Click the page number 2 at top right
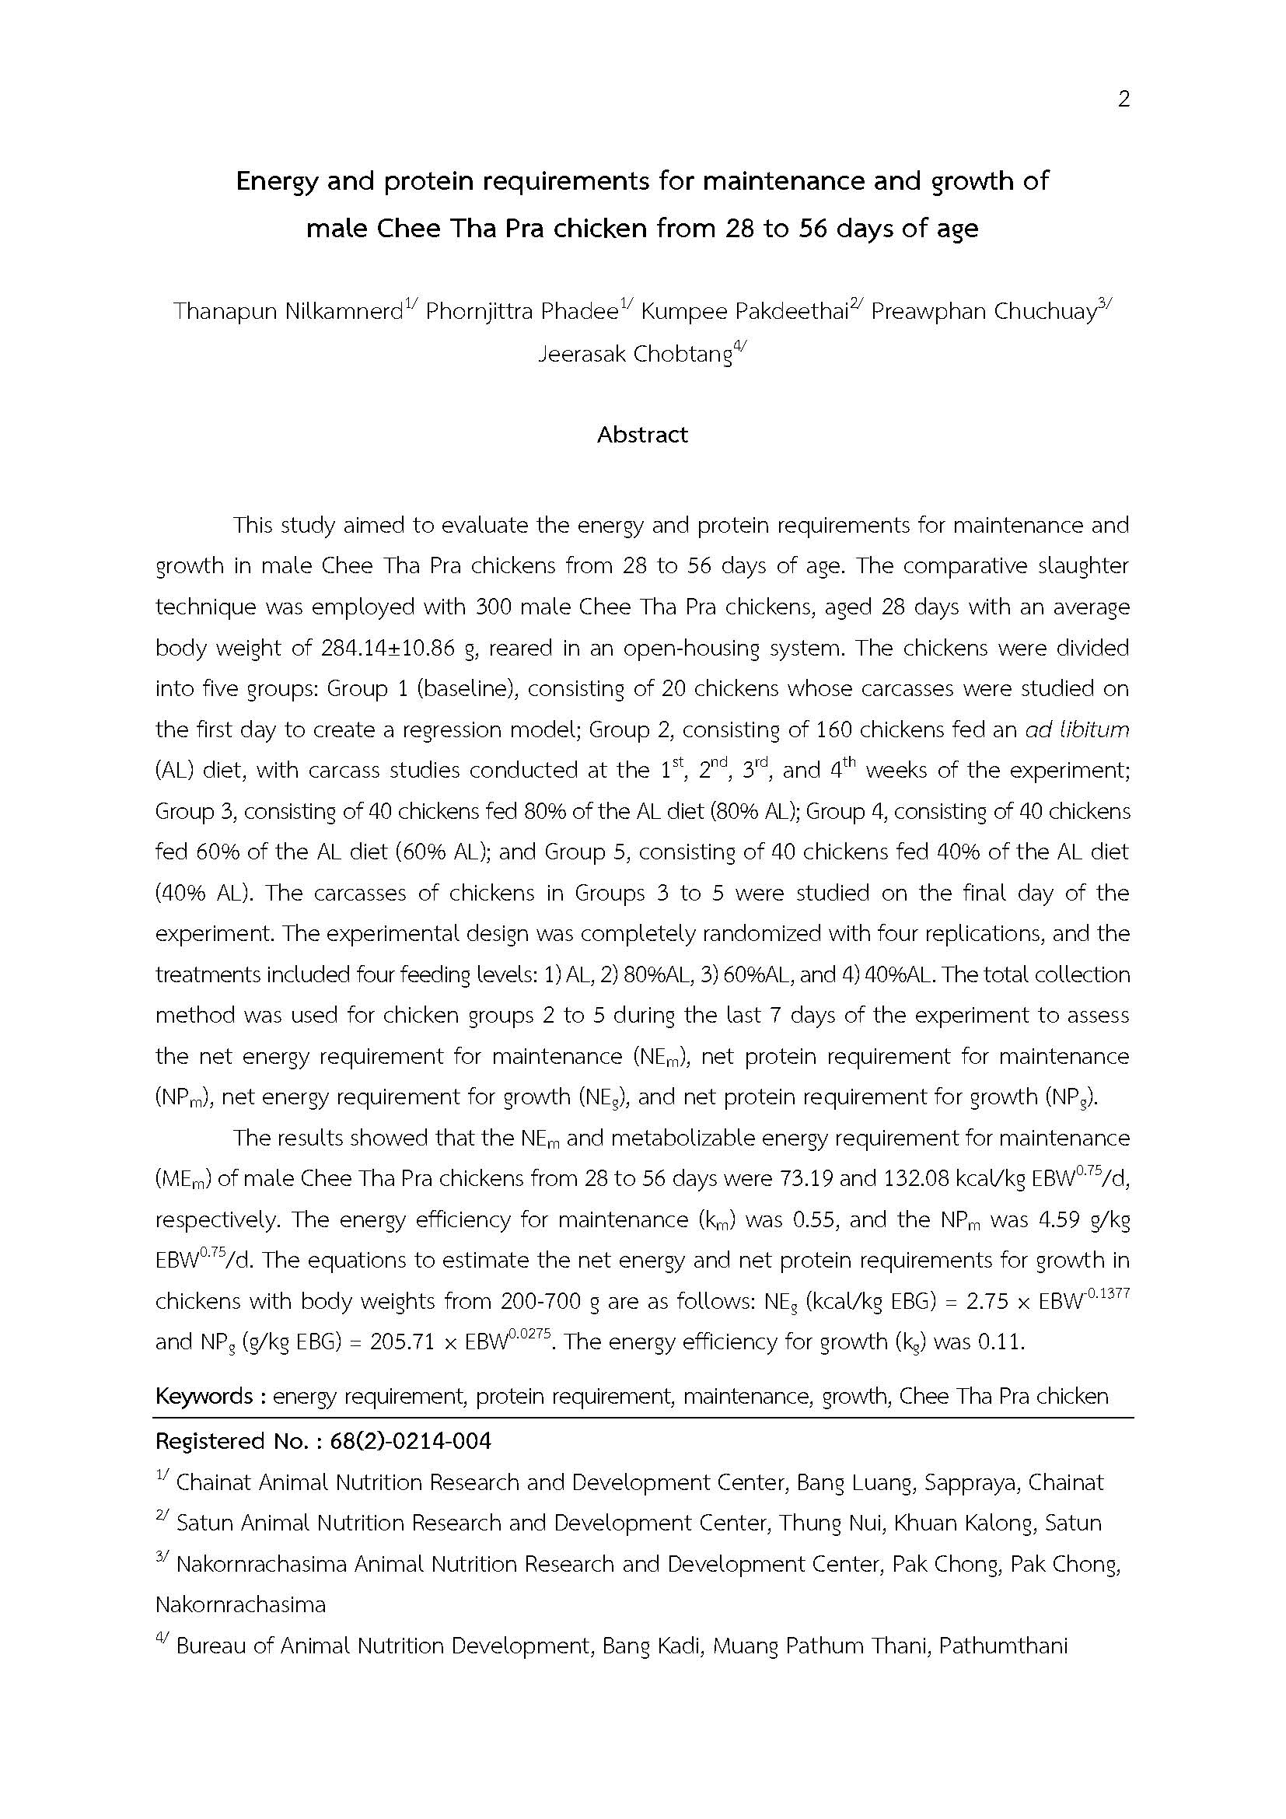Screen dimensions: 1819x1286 [x=1123, y=99]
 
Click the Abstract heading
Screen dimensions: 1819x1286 [x=642, y=434]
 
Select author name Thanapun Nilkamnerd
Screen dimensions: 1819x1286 [x=288, y=311]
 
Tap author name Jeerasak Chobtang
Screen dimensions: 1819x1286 [x=634, y=353]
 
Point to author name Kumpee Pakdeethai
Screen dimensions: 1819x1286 [x=743, y=311]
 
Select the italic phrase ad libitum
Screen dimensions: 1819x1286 [x=1077, y=729]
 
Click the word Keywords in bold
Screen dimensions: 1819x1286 [x=204, y=1395]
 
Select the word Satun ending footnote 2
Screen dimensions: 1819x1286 [x=1073, y=1522]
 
